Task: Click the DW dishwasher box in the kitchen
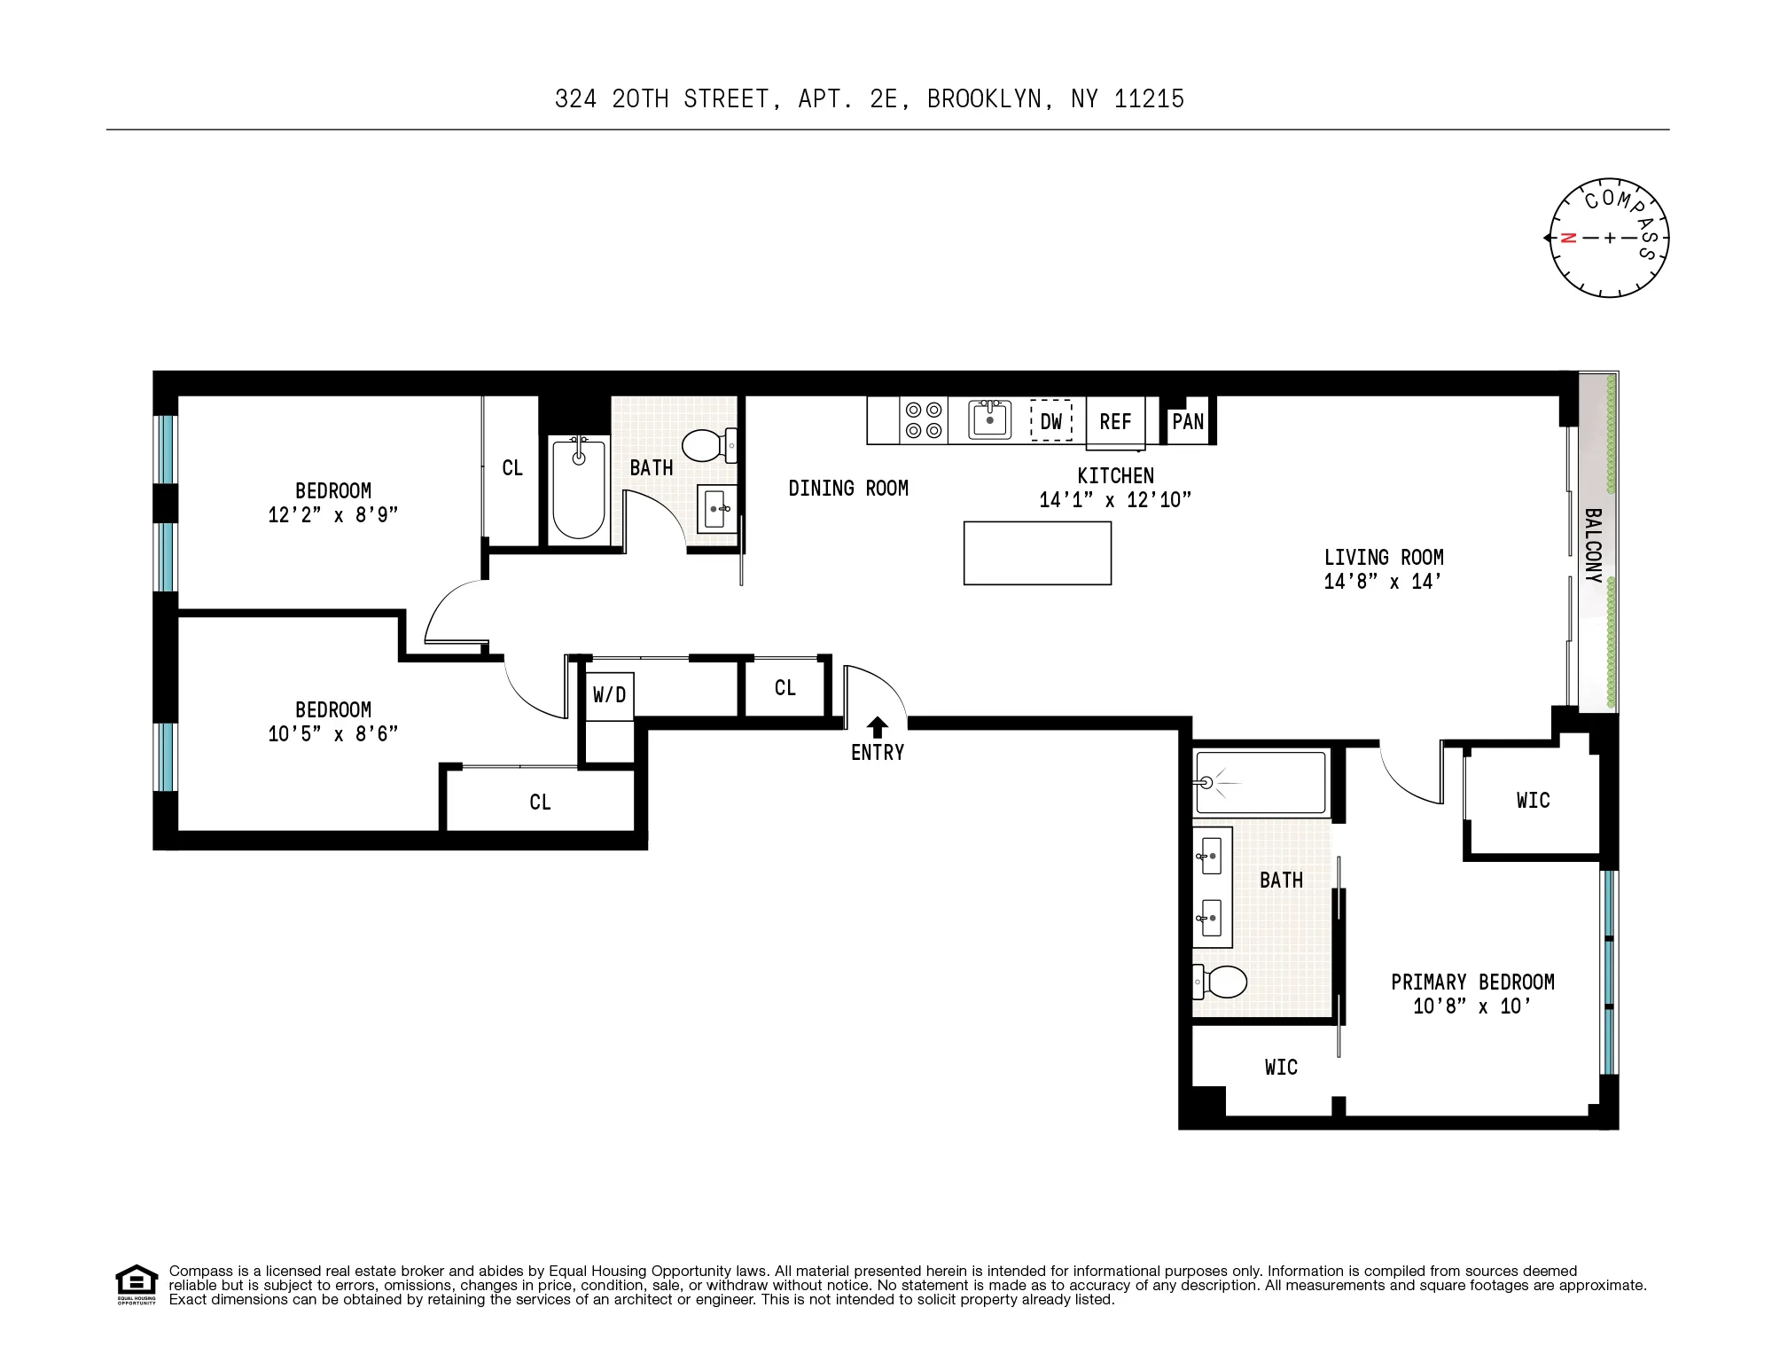1050,421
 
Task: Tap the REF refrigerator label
1115,422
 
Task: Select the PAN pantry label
1188,421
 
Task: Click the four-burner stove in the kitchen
924,420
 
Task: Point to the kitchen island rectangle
1037,553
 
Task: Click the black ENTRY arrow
877,727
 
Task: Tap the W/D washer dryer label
609,694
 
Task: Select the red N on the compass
1568,238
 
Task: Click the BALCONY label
1592,545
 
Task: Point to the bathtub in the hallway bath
578,489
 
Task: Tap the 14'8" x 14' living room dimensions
1383,582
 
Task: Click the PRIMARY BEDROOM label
1472,982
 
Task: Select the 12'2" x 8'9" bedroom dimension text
333,515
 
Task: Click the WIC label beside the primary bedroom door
1533,801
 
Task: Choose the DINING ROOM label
848,488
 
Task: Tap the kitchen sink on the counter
989,419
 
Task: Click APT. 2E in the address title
847,98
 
